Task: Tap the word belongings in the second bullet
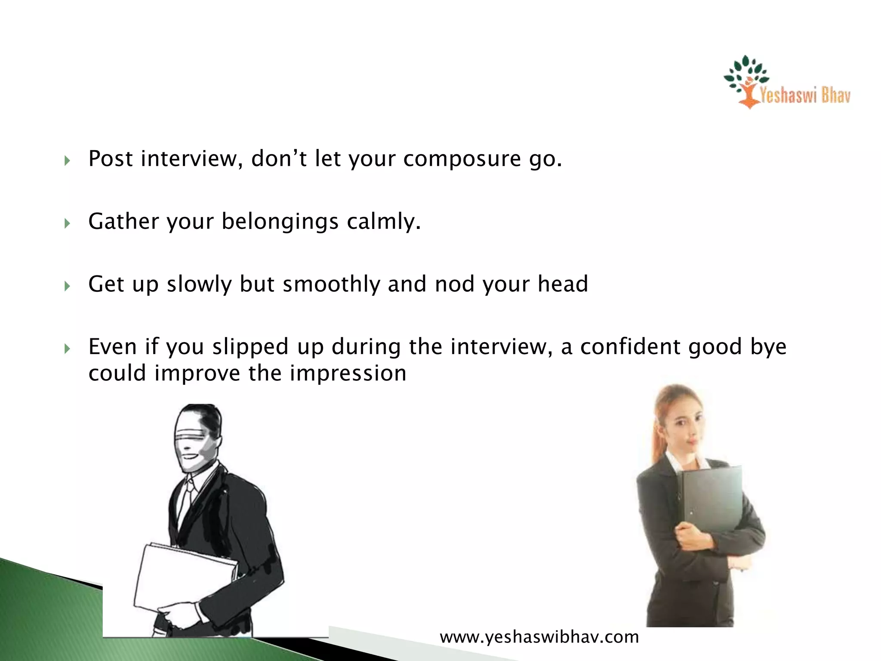coord(280,222)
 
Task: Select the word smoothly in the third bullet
coord(332,284)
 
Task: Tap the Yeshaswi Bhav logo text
coord(804,95)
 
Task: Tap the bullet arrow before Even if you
coord(67,349)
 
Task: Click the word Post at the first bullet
coord(111,159)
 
